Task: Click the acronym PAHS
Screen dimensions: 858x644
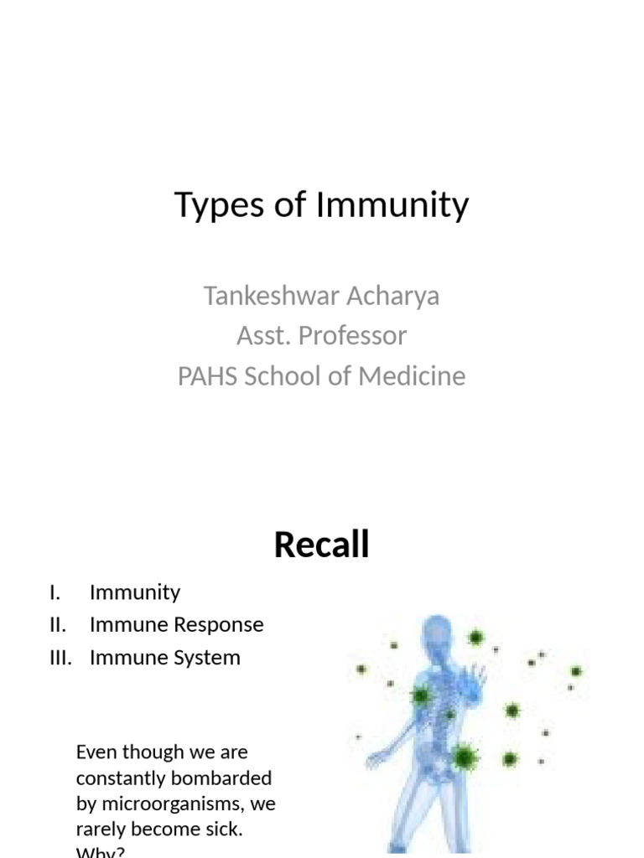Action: click(x=208, y=376)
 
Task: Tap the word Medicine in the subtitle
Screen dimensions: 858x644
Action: click(x=412, y=376)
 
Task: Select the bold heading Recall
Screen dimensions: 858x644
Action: click(x=321, y=545)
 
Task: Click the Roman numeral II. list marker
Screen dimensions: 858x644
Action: click(x=58, y=625)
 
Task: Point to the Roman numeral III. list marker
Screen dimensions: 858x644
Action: click(x=61, y=658)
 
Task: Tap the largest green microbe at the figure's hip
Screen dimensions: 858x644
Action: click(x=463, y=758)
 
